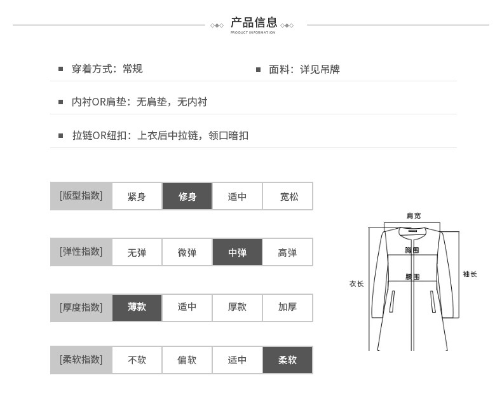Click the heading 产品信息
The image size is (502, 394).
click(254, 22)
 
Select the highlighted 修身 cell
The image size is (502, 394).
click(187, 196)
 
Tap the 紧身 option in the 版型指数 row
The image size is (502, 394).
click(137, 196)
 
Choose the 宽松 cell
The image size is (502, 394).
click(287, 196)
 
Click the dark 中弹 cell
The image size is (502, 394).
click(237, 252)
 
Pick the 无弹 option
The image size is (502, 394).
click(137, 252)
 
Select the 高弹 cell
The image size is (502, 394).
click(287, 252)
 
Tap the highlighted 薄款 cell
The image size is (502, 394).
click(137, 308)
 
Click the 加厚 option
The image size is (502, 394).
click(287, 308)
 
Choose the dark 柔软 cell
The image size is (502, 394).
click(287, 360)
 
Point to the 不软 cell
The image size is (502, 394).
click(137, 360)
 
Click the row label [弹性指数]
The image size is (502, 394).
click(81, 252)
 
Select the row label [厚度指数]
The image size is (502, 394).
click(81, 308)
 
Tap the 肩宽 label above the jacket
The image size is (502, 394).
click(414, 215)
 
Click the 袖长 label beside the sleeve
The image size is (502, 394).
click(470, 274)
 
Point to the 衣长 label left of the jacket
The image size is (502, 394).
click(356, 283)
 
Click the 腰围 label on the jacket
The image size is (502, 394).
click(412, 276)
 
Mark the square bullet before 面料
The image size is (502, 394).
click(258, 69)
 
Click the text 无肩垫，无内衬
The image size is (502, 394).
click(172, 102)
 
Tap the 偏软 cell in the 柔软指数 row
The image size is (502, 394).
click(187, 360)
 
